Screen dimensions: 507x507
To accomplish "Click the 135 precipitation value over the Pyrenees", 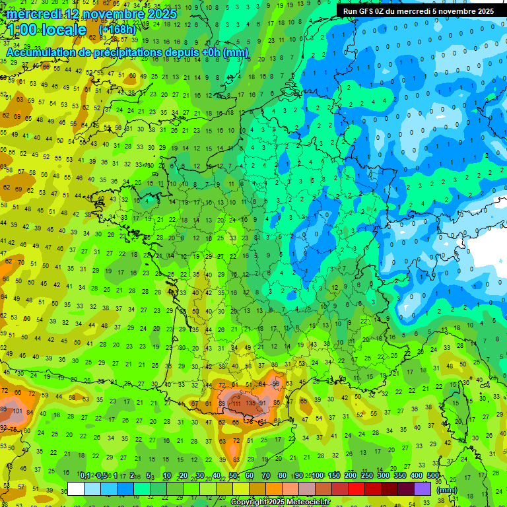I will pyautogui.click(x=250, y=403).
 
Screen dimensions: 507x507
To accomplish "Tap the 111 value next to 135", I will pyautogui.click(x=236, y=403).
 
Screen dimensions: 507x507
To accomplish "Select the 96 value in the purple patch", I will pyautogui.click(x=276, y=384).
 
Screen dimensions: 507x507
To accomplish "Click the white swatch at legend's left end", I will pyautogui.click(x=76, y=489).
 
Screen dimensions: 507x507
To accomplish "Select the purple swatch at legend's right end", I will pyautogui.click(x=422, y=489).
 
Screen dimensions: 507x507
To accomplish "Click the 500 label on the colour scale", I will pyautogui.click(x=433, y=476).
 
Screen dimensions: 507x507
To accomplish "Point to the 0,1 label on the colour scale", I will pyautogui.click(x=85, y=476).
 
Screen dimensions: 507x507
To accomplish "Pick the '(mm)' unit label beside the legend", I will pyautogui.click(x=446, y=490).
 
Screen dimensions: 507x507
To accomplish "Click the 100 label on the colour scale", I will pyautogui.click(x=318, y=476).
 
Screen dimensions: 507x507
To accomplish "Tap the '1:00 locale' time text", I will pyautogui.click(x=46, y=30).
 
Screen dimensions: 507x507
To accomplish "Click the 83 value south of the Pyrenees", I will pyautogui.click(x=236, y=459).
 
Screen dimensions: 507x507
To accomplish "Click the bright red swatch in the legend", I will pyautogui.click(x=356, y=489).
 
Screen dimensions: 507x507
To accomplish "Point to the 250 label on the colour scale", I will pyautogui.click(x=367, y=476).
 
